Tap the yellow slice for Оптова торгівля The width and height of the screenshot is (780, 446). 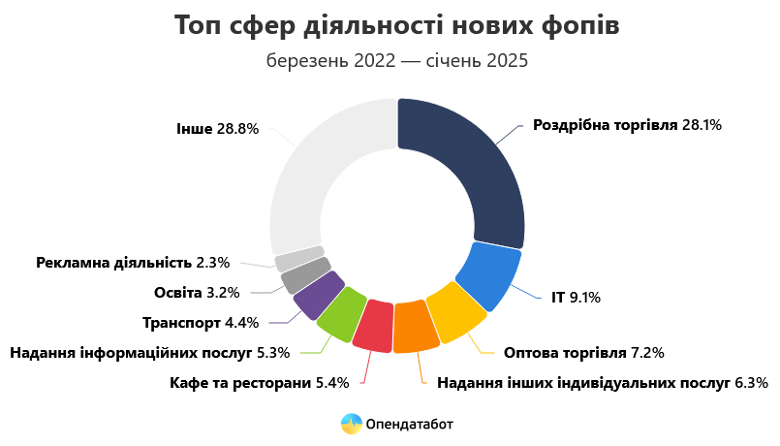(x=455, y=312)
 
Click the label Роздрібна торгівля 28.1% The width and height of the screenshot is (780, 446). (x=628, y=125)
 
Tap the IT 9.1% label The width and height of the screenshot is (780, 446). (x=576, y=298)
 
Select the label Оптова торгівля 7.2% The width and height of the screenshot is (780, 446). (x=584, y=352)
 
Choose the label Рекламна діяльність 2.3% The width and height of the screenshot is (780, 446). (x=133, y=262)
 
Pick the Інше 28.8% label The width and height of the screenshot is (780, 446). (x=217, y=128)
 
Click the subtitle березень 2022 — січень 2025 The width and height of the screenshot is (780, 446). (x=397, y=61)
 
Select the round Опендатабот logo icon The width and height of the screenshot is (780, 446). (x=351, y=424)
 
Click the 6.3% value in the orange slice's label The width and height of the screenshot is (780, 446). (x=750, y=382)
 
